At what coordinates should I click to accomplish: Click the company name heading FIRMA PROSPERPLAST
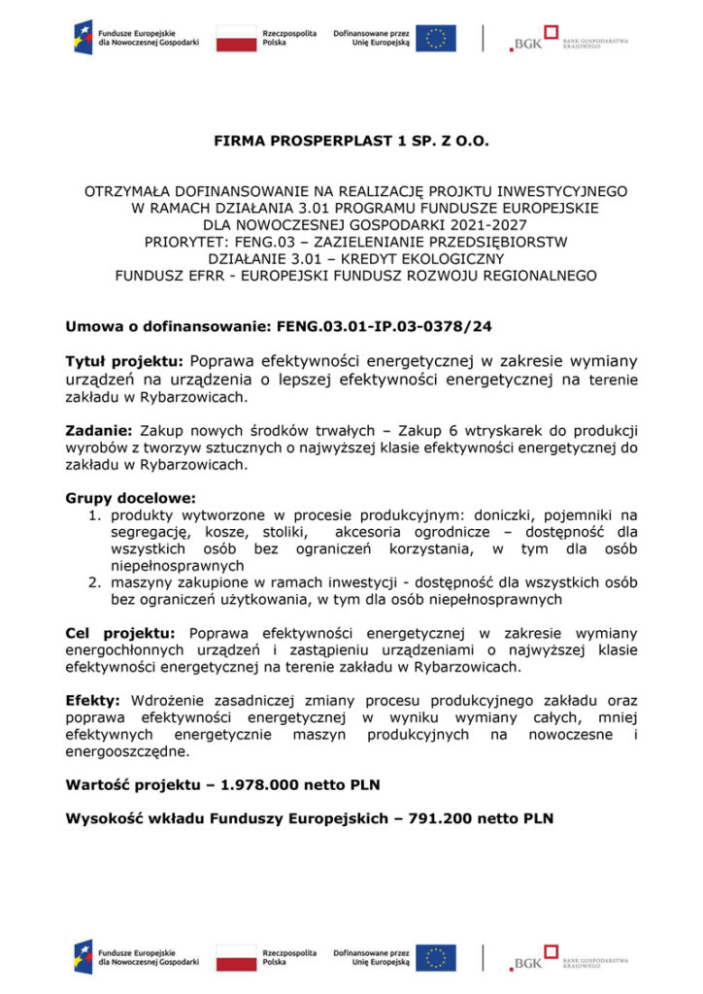351,141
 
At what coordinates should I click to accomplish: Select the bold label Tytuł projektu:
124,361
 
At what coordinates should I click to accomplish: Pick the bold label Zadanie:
98,429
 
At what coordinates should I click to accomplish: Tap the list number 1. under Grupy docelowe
96,514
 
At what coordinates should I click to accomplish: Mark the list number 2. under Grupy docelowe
96,581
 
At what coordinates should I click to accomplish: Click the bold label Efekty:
92,700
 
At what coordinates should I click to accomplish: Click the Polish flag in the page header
236,38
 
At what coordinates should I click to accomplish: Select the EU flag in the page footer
436,957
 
